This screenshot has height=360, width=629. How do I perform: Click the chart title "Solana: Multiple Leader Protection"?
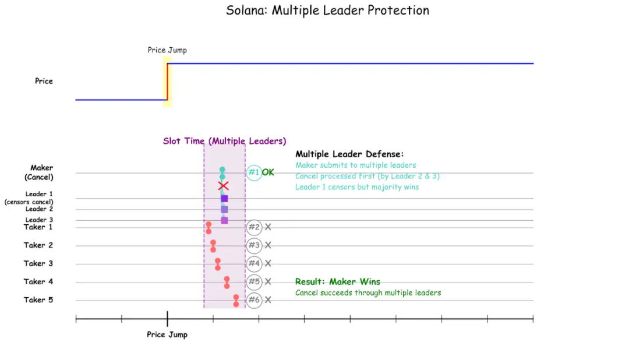point(327,10)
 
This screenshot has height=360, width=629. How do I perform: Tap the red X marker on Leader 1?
point(222,186)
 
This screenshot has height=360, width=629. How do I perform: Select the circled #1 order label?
point(253,172)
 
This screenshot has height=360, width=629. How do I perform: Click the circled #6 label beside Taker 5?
point(254,300)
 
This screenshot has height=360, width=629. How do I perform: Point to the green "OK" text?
point(268,172)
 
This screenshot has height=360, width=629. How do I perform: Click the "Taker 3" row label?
point(38,263)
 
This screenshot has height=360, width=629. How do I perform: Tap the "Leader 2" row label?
point(40,209)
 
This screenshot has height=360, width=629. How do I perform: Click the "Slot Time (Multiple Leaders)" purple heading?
point(224,141)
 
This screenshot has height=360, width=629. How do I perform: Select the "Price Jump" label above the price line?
point(167,50)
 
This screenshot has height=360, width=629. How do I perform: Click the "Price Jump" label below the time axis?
point(167,334)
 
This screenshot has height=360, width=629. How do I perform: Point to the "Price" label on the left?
point(44,81)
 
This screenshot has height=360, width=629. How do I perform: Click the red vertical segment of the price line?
point(168,82)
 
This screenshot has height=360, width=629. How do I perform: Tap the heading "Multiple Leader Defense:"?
point(349,154)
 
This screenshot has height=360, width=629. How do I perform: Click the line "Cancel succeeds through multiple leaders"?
point(368,292)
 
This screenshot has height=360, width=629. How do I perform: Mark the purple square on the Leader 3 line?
point(224,220)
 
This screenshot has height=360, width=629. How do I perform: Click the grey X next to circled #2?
point(268,227)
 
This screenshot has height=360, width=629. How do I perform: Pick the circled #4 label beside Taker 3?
point(254,263)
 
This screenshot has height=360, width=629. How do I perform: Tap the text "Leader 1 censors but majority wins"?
point(357,187)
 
